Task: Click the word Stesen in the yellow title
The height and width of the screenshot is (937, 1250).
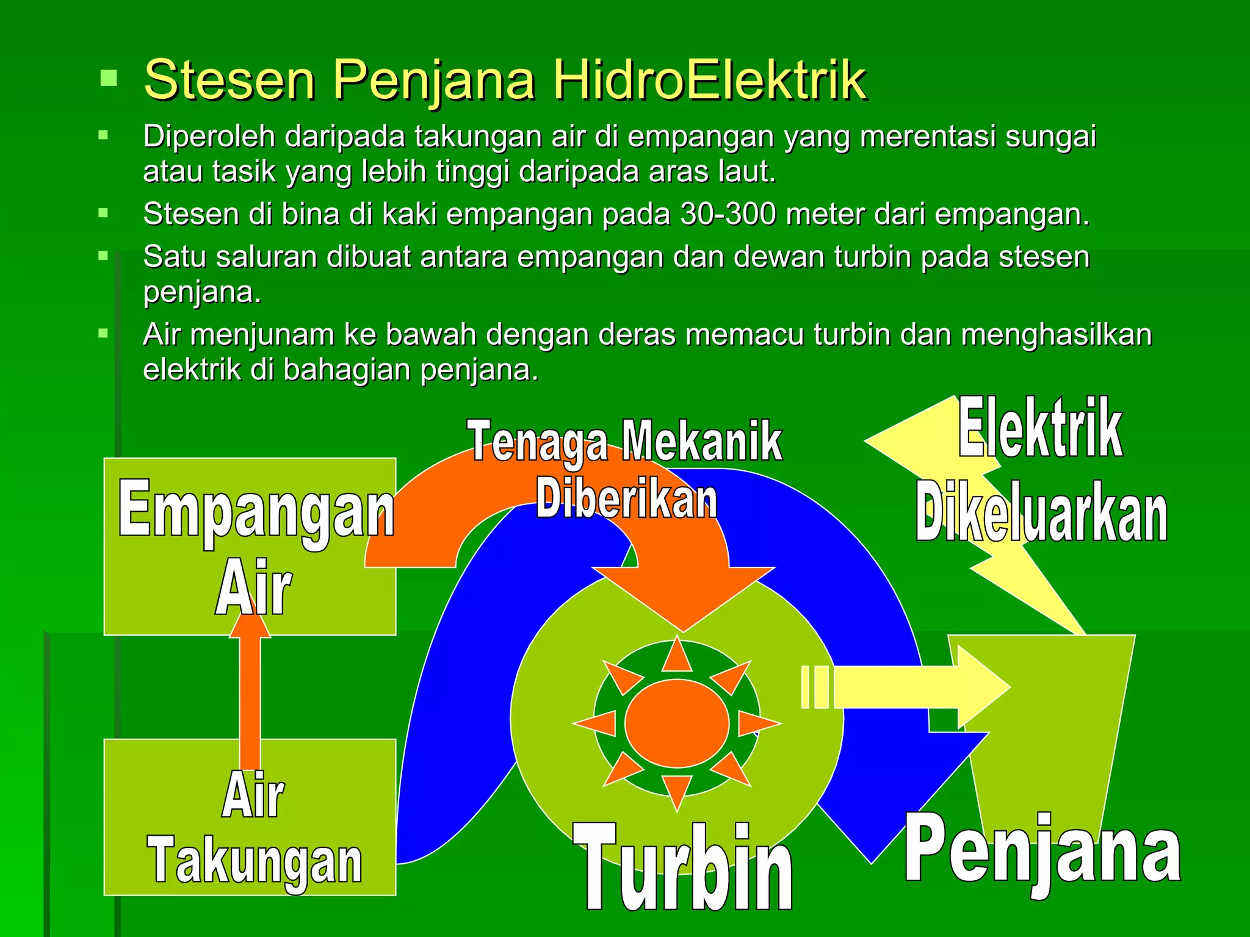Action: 229,80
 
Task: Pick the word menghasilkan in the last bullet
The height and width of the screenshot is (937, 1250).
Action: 1056,335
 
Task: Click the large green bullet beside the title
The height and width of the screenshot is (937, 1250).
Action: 109,78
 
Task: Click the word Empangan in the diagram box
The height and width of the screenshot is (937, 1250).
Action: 256,509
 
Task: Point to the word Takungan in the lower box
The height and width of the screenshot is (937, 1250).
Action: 255,861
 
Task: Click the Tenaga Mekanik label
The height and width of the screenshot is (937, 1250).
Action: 624,441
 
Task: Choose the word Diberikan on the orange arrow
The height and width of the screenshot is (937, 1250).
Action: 626,499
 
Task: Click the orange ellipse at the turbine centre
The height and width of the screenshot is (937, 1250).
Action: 677,723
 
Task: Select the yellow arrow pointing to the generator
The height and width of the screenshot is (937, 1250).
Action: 922,686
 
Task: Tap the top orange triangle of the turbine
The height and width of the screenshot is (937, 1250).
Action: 677,655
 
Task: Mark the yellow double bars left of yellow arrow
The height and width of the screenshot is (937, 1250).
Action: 815,687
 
